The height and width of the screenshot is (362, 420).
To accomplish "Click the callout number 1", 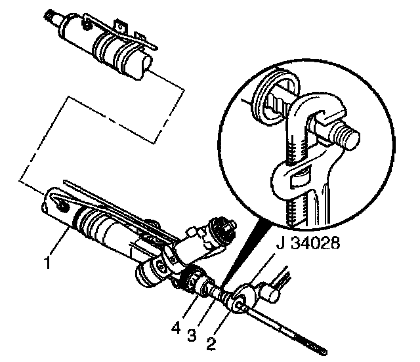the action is tap(48, 262).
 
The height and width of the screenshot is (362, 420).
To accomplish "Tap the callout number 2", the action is tap(211, 344).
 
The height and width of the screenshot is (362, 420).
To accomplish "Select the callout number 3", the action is tap(192, 335).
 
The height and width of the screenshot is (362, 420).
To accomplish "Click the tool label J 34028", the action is tap(308, 243).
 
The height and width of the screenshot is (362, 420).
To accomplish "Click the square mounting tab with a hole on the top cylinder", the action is tap(121, 27).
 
